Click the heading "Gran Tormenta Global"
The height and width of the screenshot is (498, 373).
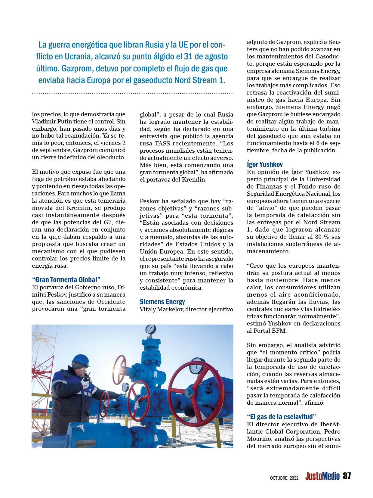[66, 279]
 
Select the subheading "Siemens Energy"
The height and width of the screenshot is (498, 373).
[162, 302]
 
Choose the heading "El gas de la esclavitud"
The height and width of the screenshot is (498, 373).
[281, 417]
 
